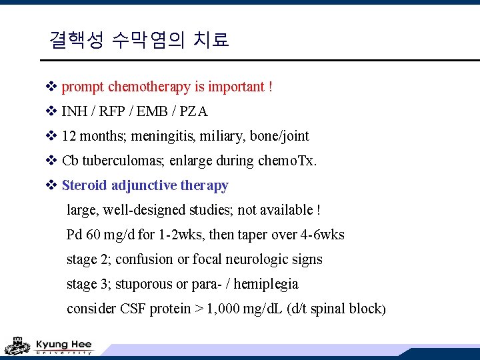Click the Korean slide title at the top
coord(139,40)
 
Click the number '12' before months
coord(69,136)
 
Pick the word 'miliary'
coord(223,136)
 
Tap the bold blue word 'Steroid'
coord(85,185)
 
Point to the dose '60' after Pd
coord(92,235)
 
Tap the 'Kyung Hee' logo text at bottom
coord(63,344)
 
